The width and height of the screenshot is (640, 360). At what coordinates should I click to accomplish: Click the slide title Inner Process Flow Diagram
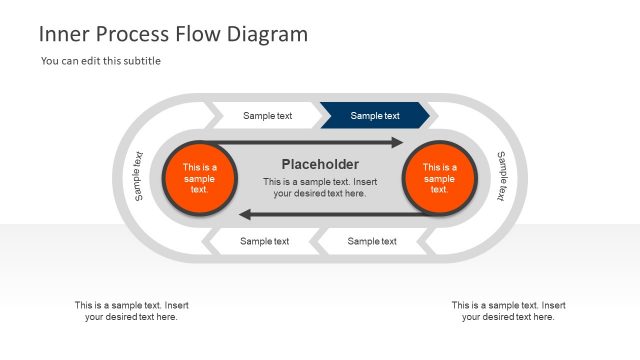click(x=173, y=34)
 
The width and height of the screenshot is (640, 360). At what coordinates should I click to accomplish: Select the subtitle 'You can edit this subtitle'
click(x=101, y=61)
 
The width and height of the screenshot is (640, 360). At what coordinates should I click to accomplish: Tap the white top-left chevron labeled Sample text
click(x=267, y=116)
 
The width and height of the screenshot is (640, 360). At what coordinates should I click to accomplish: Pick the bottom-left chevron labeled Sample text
click(x=264, y=241)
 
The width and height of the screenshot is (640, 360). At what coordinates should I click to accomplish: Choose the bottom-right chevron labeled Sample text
click(x=371, y=241)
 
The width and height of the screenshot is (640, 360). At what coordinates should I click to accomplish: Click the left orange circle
click(x=199, y=178)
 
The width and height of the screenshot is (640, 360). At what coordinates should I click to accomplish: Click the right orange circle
click(x=439, y=178)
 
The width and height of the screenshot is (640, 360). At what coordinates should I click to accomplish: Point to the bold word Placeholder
click(x=320, y=165)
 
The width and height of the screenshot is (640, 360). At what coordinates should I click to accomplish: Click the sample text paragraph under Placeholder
click(x=320, y=187)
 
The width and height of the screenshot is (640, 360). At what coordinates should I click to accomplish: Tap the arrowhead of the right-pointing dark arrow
click(x=397, y=143)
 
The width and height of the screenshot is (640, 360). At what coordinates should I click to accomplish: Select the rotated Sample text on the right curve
click(x=502, y=176)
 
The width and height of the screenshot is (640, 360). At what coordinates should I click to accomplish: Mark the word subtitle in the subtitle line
click(x=140, y=61)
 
